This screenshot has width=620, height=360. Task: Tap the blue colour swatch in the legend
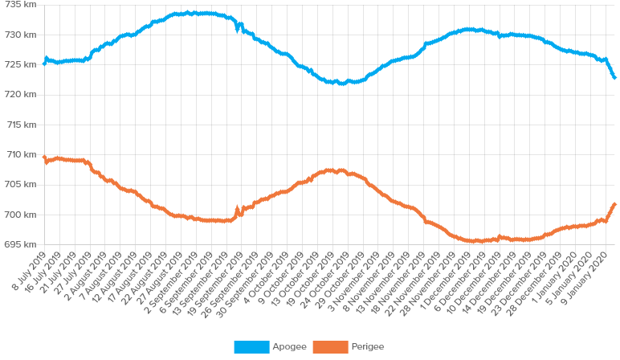pyautogui.click(x=251, y=347)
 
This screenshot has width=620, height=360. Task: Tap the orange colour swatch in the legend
pyautogui.click(x=330, y=347)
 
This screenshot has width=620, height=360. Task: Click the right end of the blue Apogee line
pyautogui.click(x=615, y=78)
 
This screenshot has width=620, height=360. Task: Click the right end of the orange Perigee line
pyautogui.click(x=615, y=203)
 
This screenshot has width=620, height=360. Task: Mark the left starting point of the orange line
pyautogui.click(x=43, y=157)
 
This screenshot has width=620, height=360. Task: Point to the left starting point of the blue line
pyautogui.click(x=43, y=61)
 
